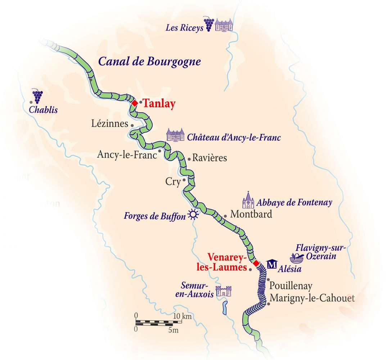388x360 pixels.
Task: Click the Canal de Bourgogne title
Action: (149, 62)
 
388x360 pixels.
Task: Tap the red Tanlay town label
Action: (159, 104)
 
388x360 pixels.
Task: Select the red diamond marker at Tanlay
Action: (134, 103)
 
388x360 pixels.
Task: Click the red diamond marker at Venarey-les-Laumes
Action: (256, 264)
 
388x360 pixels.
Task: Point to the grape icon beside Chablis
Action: (37, 96)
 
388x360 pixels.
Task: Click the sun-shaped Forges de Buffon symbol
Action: (193, 215)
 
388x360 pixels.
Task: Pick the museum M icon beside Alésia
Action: (272, 265)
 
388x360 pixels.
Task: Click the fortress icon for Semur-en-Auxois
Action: (223, 291)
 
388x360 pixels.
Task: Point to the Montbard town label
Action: (251, 214)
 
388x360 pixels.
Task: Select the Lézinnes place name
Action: (110, 124)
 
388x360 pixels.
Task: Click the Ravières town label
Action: (209, 158)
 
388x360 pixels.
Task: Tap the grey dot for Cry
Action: (184, 180)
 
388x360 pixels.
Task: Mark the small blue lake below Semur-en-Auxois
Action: (225, 307)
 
